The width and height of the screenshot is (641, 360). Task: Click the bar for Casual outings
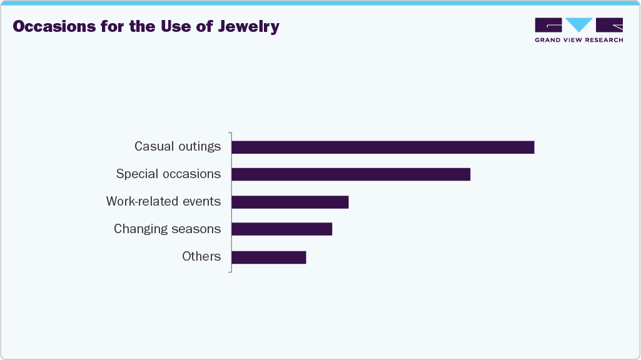point(383,147)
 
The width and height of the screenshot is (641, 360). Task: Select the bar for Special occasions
point(350,174)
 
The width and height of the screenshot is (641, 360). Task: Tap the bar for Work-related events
point(290,202)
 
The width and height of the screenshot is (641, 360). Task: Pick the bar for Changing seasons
point(281,229)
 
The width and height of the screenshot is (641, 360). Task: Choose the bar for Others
point(268,257)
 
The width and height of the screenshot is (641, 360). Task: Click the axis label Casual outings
point(178,146)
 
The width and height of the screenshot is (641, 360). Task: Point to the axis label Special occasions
point(168,174)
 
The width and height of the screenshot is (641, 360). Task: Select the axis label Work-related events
point(163,201)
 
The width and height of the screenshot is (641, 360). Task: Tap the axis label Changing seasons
point(167,229)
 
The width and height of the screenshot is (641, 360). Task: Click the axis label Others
point(201,256)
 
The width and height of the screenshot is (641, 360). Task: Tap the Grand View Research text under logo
point(578,40)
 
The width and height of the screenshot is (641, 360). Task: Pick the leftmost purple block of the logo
point(548,25)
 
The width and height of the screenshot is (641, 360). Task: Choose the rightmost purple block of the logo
point(609,25)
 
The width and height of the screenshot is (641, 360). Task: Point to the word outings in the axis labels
point(200,146)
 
